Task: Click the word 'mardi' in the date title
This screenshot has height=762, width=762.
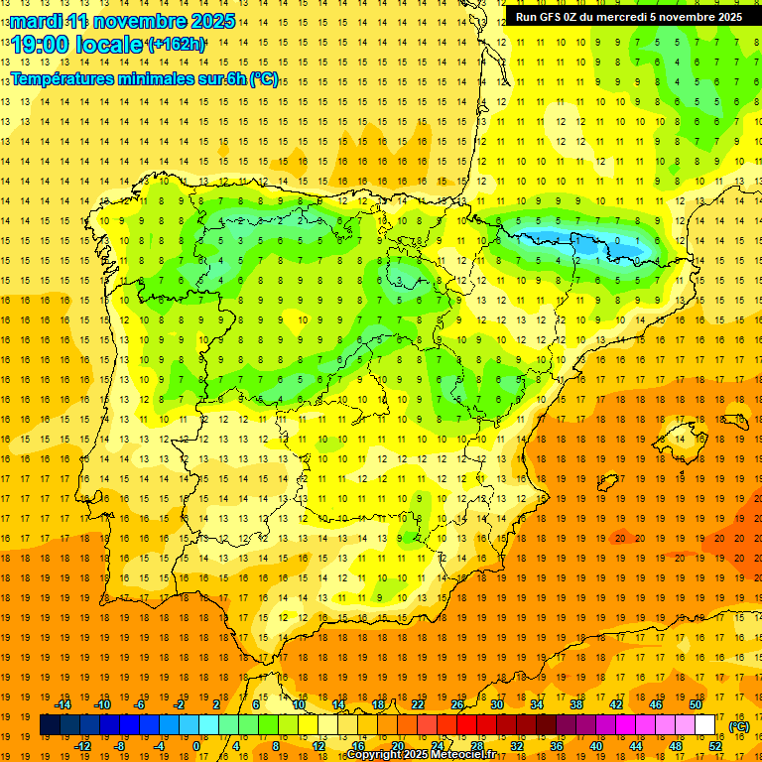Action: click(x=35, y=21)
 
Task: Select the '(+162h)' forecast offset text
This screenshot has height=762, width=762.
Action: click(x=176, y=45)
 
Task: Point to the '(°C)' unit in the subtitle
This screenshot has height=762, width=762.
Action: click(x=263, y=79)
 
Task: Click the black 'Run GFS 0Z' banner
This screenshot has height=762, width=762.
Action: click(x=629, y=16)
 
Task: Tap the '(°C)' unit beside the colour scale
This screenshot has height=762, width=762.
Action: click(x=739, y=726)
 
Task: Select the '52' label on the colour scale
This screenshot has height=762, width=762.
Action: click(x=715, y=746)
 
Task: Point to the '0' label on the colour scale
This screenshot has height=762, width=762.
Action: click(x=196, y=746)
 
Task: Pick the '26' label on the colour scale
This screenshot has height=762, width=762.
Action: click(x=456, y=704)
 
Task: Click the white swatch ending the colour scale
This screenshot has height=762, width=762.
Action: click(x=704, y=725)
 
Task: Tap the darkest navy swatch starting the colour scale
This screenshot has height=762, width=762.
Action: click(x=50, y=725)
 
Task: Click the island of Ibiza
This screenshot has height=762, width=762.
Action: click(x=607, y=483)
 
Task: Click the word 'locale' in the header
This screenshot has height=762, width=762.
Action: click(x=110, y=44)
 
